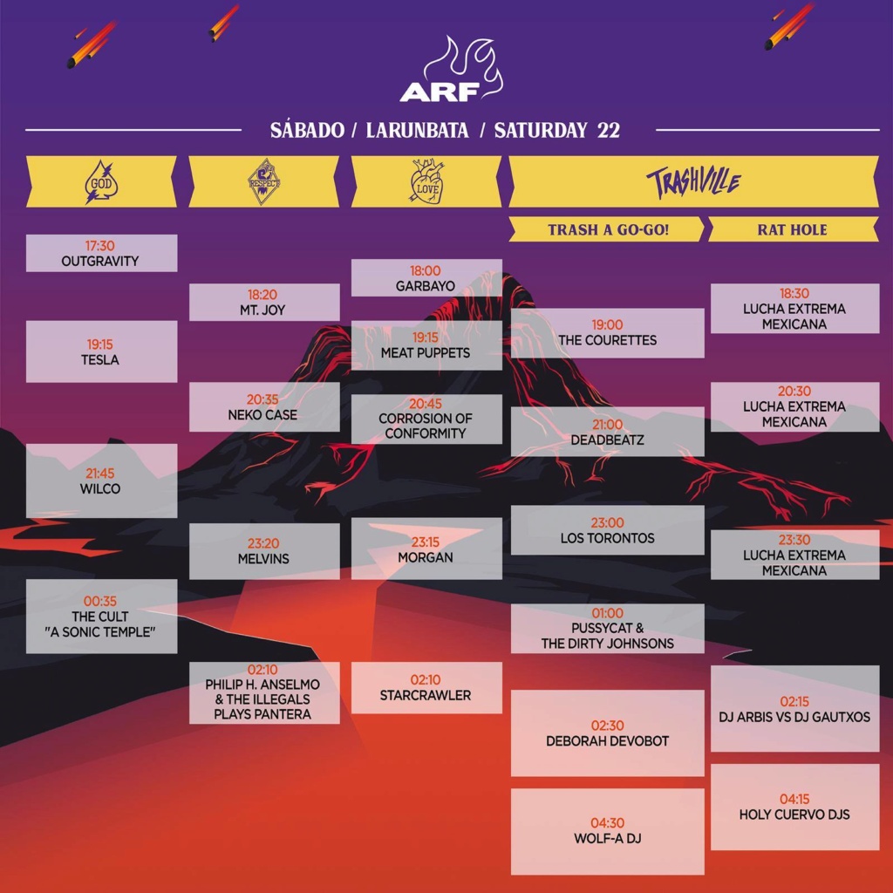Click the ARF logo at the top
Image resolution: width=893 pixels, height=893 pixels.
coord(451,70)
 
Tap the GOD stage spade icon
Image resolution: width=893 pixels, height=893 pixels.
coord(101,182)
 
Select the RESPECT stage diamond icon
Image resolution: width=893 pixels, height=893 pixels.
coord(264,181)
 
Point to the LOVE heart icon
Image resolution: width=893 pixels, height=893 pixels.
coord(427,181)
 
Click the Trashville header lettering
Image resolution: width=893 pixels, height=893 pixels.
coord(693,183)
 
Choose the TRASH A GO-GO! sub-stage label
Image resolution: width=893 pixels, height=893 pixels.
coord(608,229)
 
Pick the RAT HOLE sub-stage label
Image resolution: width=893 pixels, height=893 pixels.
coord(792,229)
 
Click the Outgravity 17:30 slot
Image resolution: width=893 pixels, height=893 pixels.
coord(101,254)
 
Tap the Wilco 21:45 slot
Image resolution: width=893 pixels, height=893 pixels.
coord(101,481)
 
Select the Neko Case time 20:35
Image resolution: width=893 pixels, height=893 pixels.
coord(262,399)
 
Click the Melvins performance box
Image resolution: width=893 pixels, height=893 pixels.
coord(264,551)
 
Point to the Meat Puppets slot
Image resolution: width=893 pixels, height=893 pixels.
coord(426,345)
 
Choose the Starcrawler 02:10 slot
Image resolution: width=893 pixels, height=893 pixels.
coord(426,687)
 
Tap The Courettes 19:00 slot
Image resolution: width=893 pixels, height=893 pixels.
coord(607,333)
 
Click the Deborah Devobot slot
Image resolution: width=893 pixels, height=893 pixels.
coord(607,733)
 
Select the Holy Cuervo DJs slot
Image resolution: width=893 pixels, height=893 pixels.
coord(794,807)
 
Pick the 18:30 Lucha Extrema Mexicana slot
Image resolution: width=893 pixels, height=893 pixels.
coord(794,308)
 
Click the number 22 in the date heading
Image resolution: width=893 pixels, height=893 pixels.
coord(608,130)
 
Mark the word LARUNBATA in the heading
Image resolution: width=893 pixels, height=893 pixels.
coord(417,130)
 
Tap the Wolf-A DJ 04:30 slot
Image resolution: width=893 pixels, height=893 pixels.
coord(607,831)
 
